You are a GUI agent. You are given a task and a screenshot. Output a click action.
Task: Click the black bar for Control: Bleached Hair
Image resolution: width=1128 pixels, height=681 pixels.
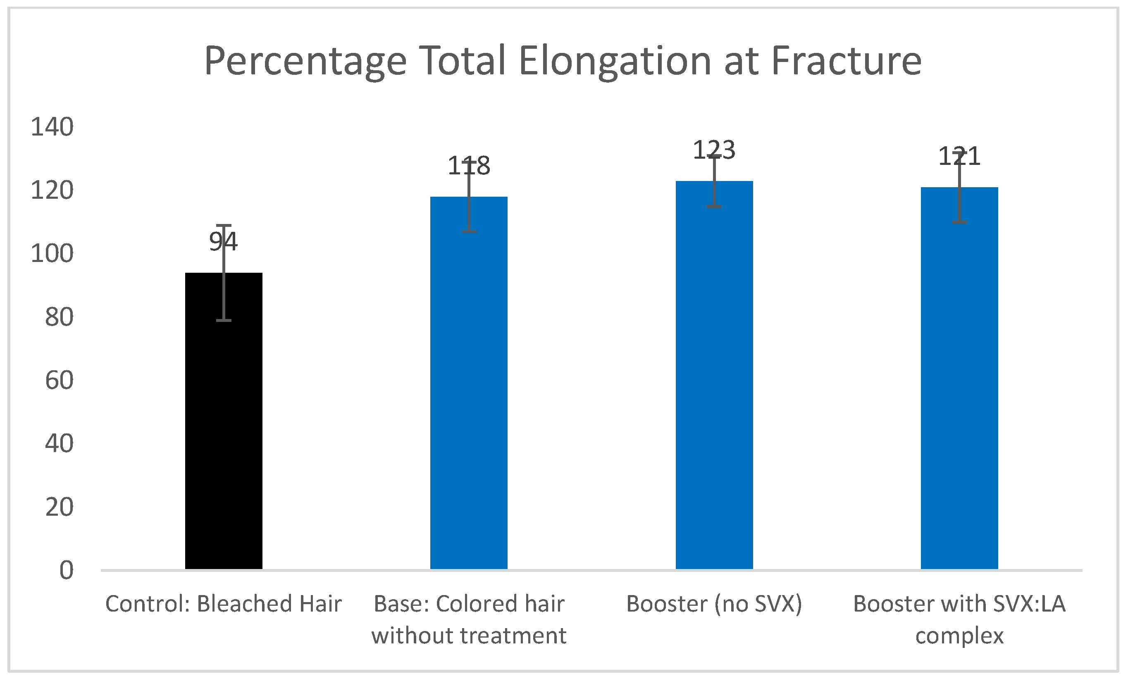click(x=223, y=421)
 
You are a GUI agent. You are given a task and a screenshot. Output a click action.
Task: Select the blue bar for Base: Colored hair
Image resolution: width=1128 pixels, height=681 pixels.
click(x=469, y=383)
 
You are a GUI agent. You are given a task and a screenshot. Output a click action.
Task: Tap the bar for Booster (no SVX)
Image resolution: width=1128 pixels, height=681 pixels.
click(x=714, y=375)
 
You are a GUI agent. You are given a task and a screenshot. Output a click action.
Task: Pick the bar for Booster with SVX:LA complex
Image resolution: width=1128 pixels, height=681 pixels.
click(x=959, y=379)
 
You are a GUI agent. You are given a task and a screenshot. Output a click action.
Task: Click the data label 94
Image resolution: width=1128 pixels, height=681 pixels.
click(x=223, y=241)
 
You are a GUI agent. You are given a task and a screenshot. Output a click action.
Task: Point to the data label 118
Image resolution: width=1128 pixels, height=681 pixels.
click(x=469, y=166)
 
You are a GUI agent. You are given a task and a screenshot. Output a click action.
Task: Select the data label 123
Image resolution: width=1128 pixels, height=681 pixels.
click(x=714, y=150)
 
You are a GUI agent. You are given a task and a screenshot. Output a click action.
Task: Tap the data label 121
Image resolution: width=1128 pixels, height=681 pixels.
click(x=959, y=156)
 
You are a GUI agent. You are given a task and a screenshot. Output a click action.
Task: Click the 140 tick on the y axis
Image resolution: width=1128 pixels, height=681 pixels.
click(x=52, y=127)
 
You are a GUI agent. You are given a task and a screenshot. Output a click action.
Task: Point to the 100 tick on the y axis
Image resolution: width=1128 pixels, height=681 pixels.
click(x=52, y=254)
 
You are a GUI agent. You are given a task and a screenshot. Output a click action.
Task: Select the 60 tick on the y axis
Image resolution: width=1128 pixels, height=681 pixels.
click(x=59, y=380)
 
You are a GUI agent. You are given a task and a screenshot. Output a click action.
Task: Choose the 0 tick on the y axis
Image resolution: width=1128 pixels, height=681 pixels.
click(x=67, y=571)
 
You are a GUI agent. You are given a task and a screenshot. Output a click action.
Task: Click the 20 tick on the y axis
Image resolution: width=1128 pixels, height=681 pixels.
click(x=59, y=507)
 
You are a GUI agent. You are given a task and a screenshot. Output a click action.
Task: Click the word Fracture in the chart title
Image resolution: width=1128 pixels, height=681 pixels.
click(x=847, y=61)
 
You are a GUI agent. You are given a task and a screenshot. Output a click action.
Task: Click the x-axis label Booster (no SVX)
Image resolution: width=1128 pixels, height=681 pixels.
click(x=714, y=604)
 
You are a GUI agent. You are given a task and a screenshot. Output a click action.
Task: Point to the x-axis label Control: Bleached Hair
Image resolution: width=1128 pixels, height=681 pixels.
click(x=223, y=604)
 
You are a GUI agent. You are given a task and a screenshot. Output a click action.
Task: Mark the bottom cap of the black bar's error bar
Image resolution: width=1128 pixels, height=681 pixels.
click(x=223, y=320)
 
